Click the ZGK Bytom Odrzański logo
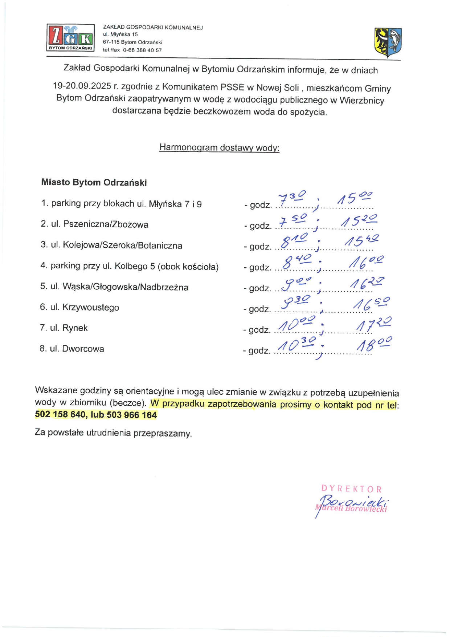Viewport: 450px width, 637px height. point(70,38)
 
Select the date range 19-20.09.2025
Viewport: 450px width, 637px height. point(82,86)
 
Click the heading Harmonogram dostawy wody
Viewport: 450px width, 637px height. point(219,147)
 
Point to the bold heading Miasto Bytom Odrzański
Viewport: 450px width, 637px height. point(94,182)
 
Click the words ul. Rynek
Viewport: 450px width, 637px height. point(69,328)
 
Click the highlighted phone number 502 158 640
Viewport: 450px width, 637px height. point(60,414)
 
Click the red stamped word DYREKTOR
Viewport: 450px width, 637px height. point(351,488)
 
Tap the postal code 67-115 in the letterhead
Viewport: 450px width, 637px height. point(111,42)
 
